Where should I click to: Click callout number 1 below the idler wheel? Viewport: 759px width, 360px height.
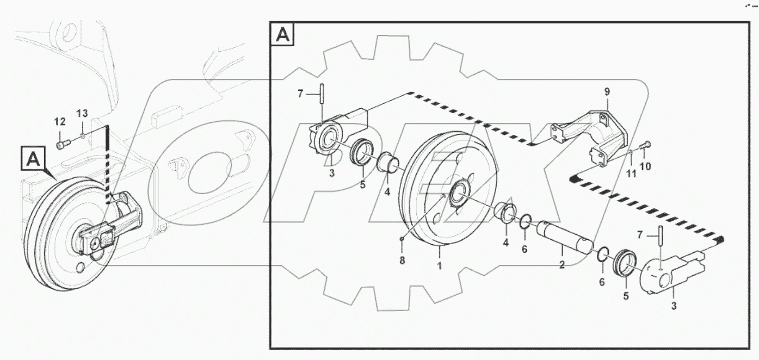[x=440, y=266]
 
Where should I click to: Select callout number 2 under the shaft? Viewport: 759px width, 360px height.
[x=562, y=265]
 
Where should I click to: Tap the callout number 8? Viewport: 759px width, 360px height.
[x=402, y=260]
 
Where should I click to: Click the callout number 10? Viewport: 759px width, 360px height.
[x=645, y=166]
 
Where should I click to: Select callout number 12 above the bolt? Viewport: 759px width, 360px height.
[x=60, y=121]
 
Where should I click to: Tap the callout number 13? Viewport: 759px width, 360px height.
[x=82, y=113]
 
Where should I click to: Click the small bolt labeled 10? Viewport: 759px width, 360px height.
[x=646, y=145]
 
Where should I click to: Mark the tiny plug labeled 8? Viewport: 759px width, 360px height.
[x=402, y=239]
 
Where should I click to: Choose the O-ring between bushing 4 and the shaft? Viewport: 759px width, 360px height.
[x=526, y=222]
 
